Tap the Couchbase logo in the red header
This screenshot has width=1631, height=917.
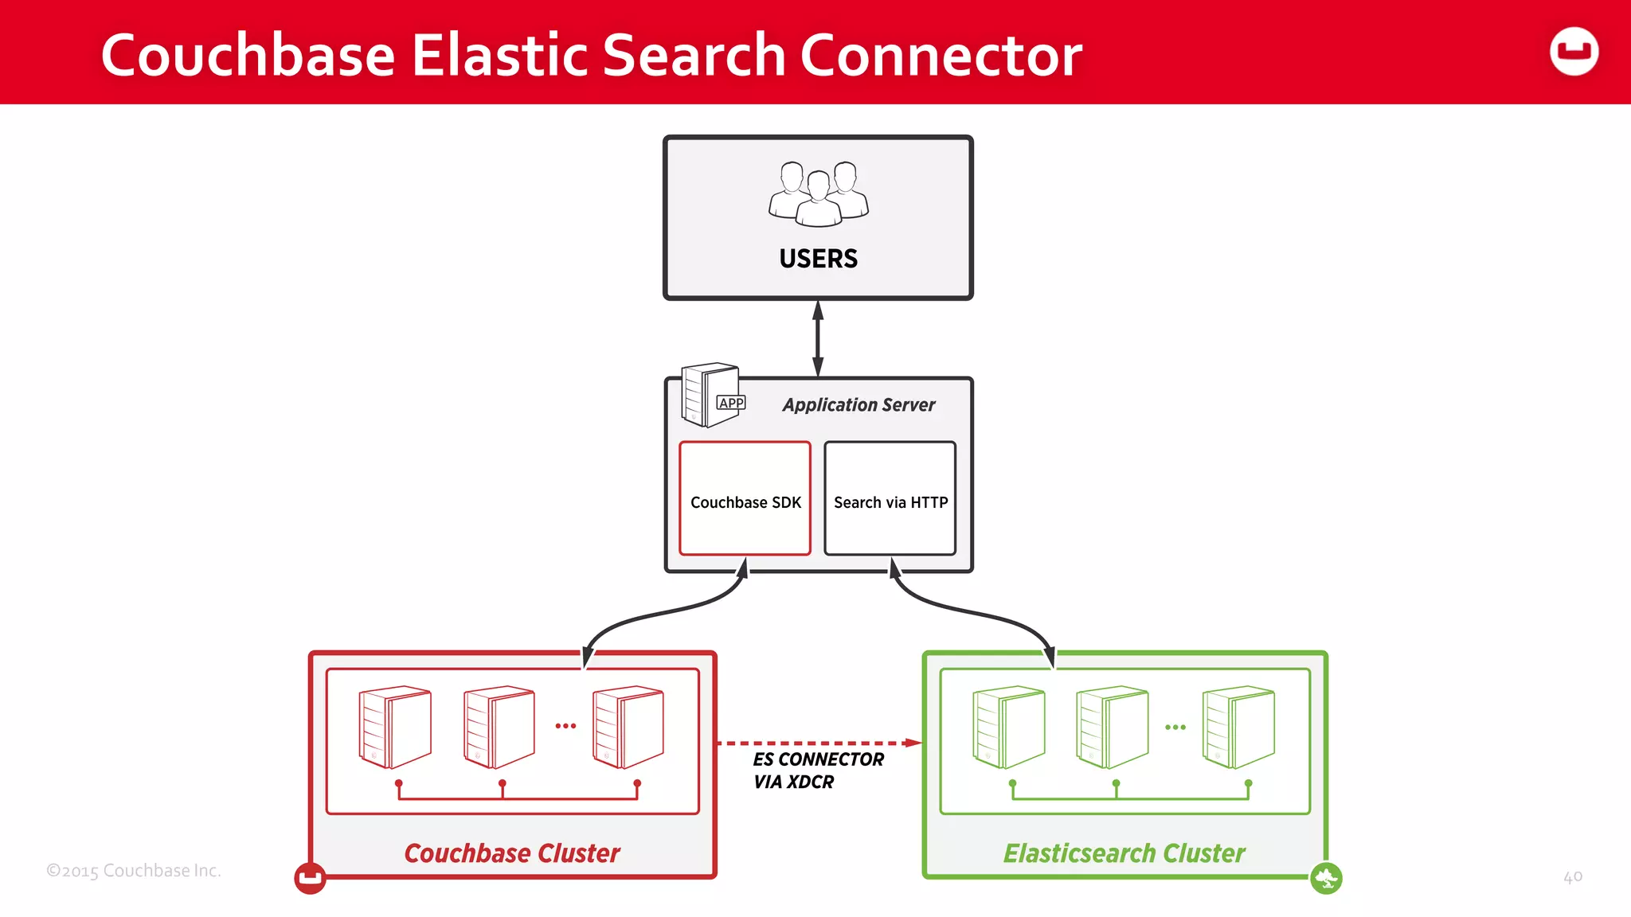(x=1574, y=52)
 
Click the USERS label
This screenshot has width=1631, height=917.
(x=818, y=259)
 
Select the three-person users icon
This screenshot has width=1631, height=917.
(x=818, y=193)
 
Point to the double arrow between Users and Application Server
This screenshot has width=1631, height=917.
(x=818, y=338)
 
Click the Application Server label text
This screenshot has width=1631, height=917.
(x=858, y=404)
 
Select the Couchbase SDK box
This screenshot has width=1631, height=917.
(x=745, y=499)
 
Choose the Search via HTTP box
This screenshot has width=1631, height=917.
(x=890, y=499)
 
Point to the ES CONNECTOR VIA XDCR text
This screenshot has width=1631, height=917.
(x=817, y=771)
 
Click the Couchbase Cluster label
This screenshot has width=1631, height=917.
(x=511, y=853)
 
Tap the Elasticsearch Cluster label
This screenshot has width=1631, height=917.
(x=1123, y=853)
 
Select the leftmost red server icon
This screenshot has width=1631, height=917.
(x=395, y=727)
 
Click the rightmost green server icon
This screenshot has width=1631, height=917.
(x=1238, y=727)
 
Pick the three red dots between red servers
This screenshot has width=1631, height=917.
(x=565, y=726)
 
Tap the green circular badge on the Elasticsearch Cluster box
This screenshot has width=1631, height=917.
(x=1326, y=879)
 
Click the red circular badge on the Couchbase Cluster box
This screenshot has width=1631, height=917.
(x=310, y=878)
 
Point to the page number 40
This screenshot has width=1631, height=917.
(x=1572, y=877)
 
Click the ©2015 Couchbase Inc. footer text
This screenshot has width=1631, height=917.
(x=133, y=871)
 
